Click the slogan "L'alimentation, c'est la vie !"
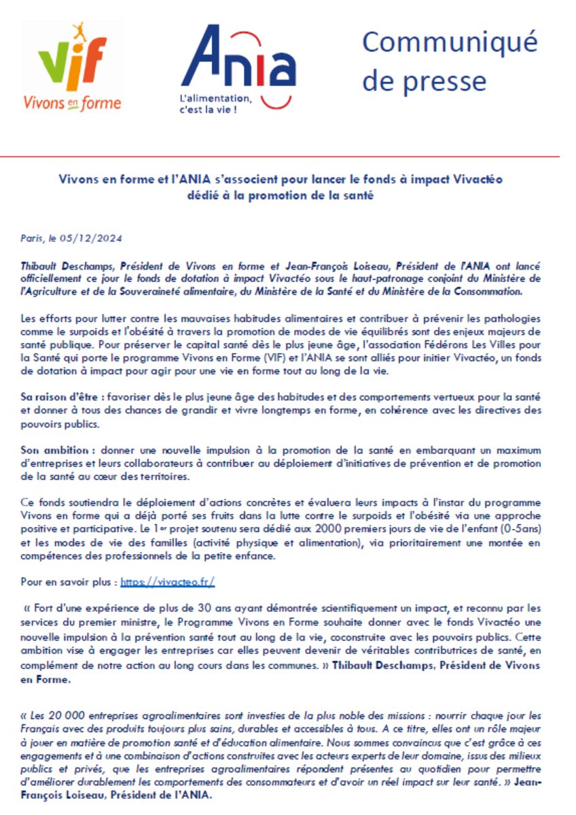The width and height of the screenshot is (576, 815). click(x=215, y=103)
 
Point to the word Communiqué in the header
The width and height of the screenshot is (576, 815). click(x=450, y=41)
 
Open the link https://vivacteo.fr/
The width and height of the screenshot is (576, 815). click(x=168, y=582)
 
